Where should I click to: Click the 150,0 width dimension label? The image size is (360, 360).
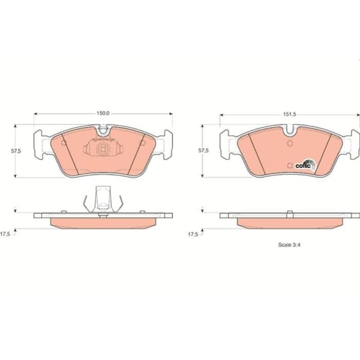point(103,113)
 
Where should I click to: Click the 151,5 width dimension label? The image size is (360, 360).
point(290,114)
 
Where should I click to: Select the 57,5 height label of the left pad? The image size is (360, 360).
point(16,151)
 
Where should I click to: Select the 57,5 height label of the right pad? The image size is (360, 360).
point(203,151)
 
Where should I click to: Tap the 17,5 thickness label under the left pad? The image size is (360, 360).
point(5,235)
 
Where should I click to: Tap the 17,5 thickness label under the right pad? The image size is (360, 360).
point(193,235)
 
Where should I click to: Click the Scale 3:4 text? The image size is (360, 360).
point(289,245)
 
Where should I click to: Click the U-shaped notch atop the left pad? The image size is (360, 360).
point(103,130)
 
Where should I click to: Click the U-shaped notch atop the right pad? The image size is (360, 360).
point(290,130)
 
